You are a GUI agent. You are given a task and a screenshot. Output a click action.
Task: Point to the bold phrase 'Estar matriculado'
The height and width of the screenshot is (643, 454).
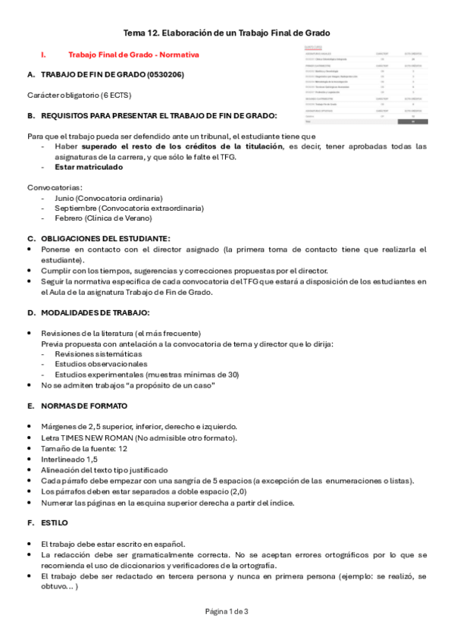click(88, 167)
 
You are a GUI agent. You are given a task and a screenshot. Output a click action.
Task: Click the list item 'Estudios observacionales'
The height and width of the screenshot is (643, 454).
click(101, 364)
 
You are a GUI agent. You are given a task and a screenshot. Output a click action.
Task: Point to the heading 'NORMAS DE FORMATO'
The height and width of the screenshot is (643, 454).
click(83, 406)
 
